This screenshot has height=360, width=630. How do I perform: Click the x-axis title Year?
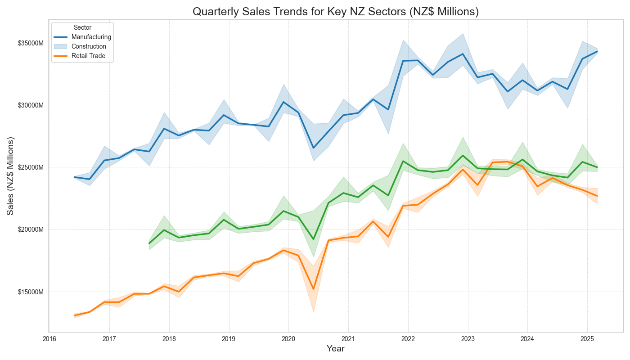click(x=335, y=349)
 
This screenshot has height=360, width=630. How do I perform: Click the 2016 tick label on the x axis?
click(x=49, y=338)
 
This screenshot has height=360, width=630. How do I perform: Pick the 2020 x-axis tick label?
click(x=288, y=338)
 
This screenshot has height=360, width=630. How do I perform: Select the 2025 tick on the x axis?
click(x=587, y=338)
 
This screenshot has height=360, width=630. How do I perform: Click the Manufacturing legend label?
click(x=91, y=37)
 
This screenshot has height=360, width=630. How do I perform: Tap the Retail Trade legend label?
click(x=88, y=56)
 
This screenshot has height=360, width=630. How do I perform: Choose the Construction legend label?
click(x=89, y=46)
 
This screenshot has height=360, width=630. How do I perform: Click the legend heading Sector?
click(x=82, y=27)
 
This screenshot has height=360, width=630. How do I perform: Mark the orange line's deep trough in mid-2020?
click(x=313, y=289)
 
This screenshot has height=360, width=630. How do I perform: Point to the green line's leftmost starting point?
click(x=149, y=243)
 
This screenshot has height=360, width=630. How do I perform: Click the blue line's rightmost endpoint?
click(x=597, y=51)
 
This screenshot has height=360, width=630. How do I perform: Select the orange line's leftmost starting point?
click(x=75, y=315)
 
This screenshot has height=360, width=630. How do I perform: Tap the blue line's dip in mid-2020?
click(x=313, y=148)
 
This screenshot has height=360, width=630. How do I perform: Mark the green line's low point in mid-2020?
click(x=313, y=239)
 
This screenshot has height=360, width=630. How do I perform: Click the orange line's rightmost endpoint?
click(x=597, y=196)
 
